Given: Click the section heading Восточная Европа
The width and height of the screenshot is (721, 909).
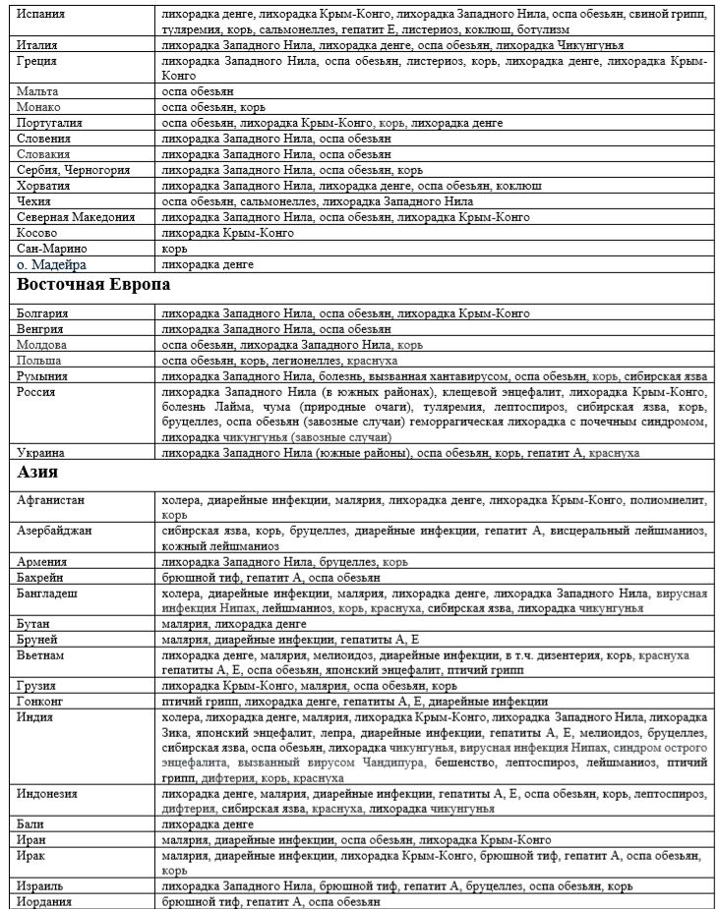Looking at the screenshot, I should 92,285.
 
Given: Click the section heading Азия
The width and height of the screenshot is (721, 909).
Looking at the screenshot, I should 38,474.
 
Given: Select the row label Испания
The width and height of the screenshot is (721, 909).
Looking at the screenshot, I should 41,16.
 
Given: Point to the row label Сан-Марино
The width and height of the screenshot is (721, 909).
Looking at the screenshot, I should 50,250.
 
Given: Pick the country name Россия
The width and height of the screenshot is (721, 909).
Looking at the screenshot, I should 36,392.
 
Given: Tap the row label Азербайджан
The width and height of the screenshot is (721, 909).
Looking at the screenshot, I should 55,530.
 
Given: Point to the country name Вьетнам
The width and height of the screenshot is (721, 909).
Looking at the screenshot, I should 41,653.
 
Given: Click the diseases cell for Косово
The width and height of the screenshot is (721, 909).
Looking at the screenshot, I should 227,233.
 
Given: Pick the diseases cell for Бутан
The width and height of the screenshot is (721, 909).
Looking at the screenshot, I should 220,624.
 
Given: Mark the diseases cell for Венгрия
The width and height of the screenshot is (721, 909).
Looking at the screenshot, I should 275,329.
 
